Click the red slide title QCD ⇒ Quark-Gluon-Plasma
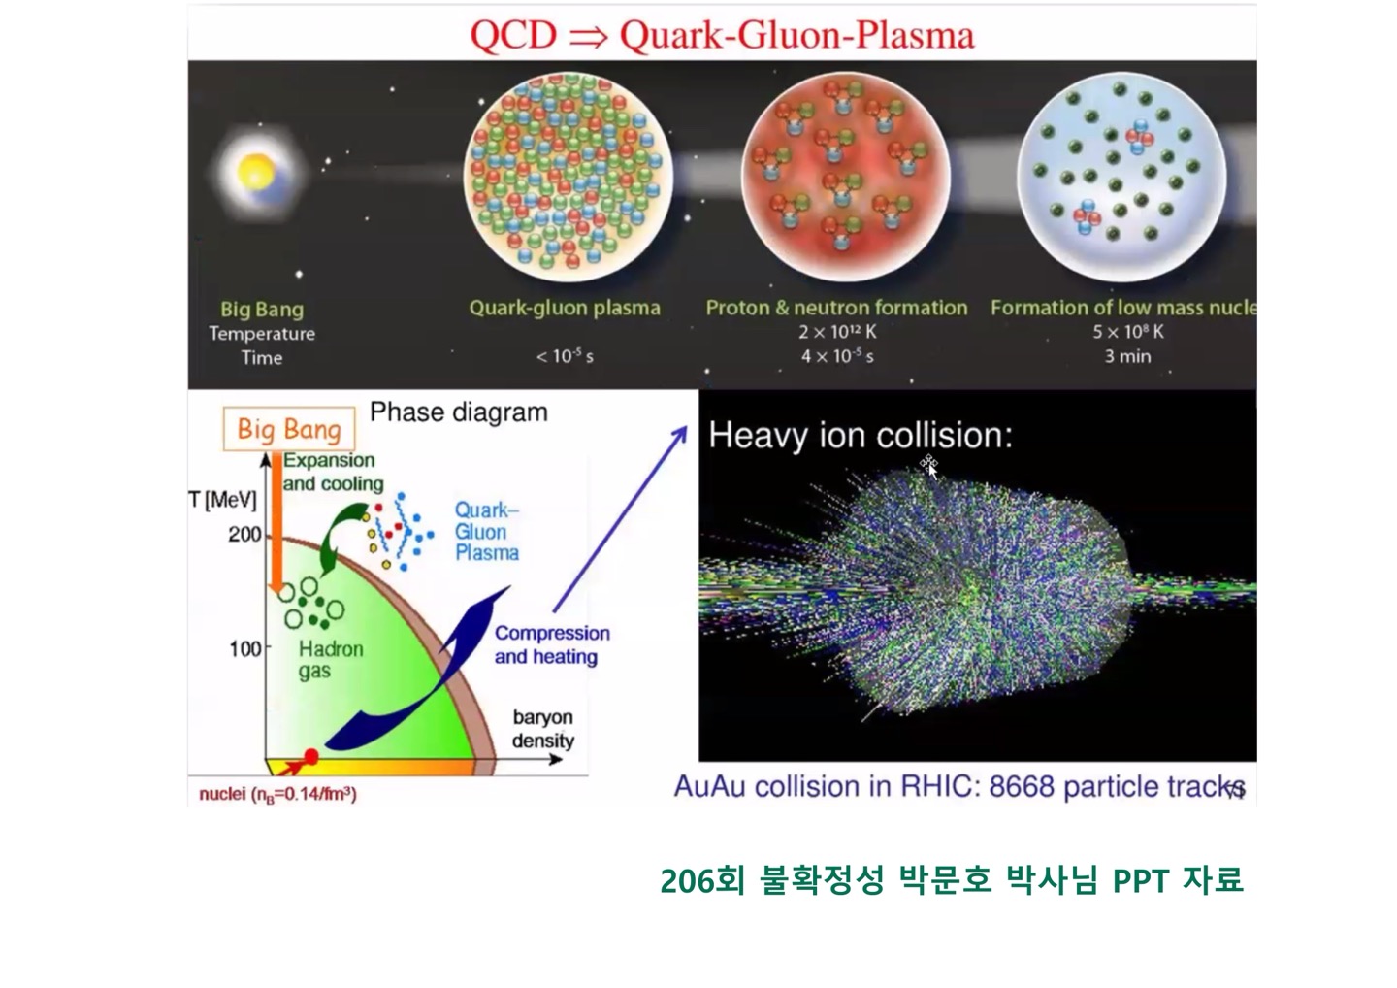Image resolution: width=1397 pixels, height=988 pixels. point(722,35)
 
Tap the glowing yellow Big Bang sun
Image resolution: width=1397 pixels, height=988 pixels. point(257,171)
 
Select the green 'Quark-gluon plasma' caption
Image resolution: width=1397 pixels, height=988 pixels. point(565,308)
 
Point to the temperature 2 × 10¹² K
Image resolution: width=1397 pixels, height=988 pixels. point(837,331)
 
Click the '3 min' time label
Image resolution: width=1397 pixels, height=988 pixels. point(1127,356)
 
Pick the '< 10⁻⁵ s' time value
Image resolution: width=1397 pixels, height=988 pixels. point(565,356)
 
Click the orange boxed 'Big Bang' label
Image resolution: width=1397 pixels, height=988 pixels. point(289,429)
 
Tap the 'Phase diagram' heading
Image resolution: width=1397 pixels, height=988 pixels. point(458,412)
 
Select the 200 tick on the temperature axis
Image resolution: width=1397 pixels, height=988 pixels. point(244,535)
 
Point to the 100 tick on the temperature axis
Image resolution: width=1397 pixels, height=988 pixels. point(245,648)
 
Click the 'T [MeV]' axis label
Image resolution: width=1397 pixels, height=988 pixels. point(223,500)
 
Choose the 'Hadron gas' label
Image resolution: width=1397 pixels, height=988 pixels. point(331,660)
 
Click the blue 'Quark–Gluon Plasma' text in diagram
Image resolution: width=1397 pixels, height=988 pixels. point(486,532)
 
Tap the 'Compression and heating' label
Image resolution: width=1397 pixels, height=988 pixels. point(552,644)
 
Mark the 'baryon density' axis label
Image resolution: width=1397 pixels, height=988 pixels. point(542,729)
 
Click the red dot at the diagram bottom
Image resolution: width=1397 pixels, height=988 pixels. point(310,757)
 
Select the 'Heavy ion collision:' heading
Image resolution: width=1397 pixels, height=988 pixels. point(861,435)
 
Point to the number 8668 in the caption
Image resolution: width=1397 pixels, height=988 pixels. point(1023,786)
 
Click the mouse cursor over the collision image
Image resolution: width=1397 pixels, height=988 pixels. point(929,466)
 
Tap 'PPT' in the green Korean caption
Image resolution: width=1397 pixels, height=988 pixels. point(1141,881)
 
